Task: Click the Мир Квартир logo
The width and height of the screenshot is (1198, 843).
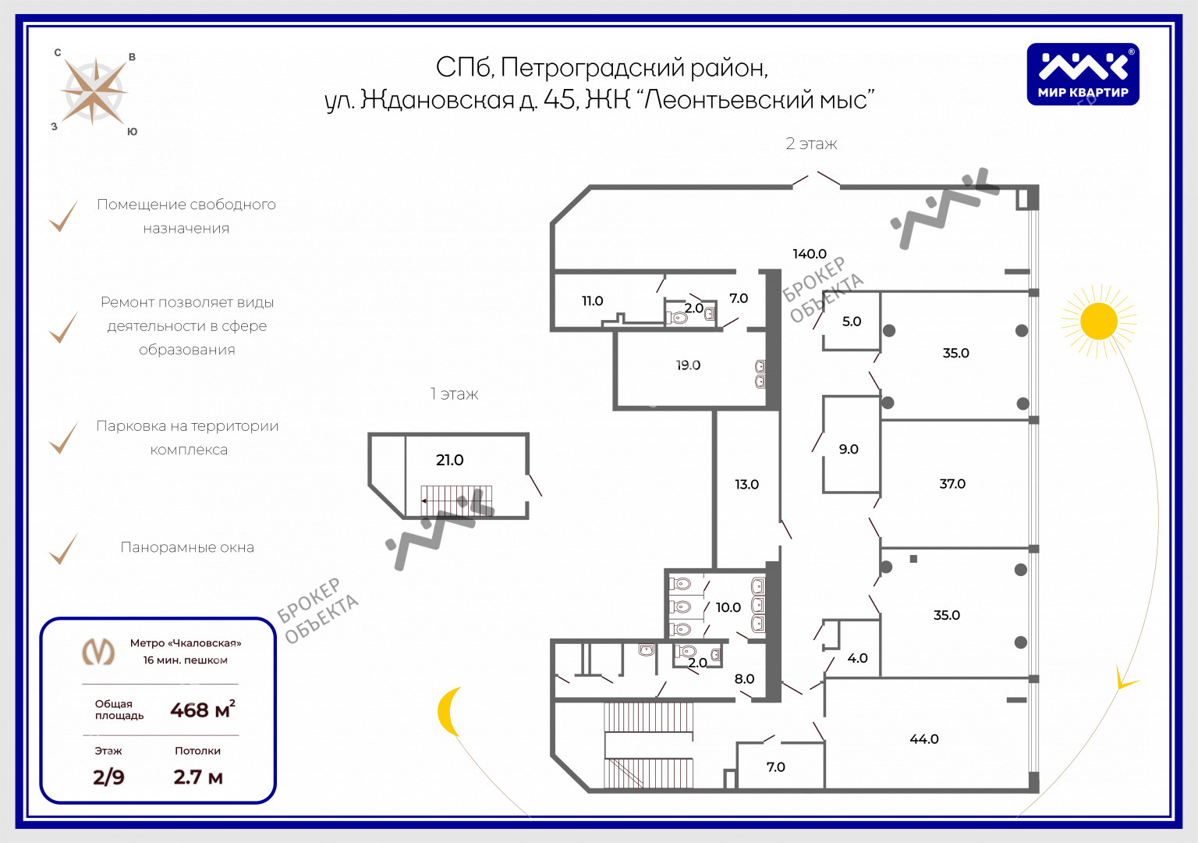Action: [x=1083, y=74]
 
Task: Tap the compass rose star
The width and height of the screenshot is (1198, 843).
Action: [x=94, y=93]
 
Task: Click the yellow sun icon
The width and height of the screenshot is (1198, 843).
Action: [x=1098, y=321]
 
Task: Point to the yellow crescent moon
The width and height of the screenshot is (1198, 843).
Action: [x=449, y=711]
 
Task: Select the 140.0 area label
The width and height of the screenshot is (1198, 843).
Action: [x=809, y=254]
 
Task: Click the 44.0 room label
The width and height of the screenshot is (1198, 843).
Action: [x=923, y=738]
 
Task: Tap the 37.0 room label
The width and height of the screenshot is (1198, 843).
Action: [x=952, y=484]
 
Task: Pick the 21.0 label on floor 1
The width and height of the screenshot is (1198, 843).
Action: [x=449, y=460]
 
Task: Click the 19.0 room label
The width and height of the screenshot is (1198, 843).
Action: [x=688, y=365]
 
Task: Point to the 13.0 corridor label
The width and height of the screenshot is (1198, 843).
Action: [x=746, y=485]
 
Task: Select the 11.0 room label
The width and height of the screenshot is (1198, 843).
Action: [x=592, y=301]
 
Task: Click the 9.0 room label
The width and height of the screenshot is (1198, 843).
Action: [x=849, y=449]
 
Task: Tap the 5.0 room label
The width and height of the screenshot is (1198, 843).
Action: [x=852, y=321]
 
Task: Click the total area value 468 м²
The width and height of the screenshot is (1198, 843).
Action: [x=203, y=710]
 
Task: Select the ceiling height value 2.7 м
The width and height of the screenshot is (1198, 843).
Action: [x=198, y=777]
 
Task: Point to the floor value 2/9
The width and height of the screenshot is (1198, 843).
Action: [x=108, y=777]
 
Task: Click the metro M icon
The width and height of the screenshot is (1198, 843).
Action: [x=98, y=652]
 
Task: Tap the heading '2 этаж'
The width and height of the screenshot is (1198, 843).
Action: [x=811, y=144]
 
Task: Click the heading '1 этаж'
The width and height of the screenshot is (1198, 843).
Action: [x=454, y=394]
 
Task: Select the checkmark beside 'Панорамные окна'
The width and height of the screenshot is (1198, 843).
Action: [x=64, y=549]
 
